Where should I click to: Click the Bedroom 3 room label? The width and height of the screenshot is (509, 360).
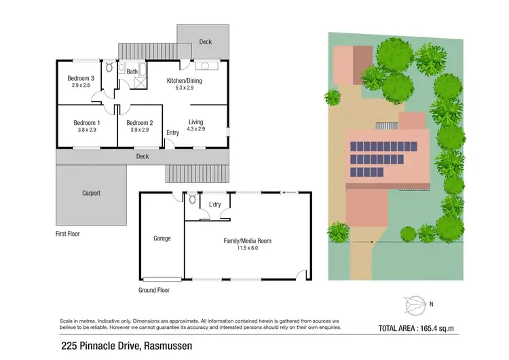coord(79,78)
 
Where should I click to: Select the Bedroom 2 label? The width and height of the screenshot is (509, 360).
coord(140,122)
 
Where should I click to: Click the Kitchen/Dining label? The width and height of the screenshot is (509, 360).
coord(185,81)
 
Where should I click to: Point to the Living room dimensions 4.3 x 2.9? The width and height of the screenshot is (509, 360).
coord(195,129)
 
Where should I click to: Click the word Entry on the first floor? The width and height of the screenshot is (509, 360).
coord(173,132)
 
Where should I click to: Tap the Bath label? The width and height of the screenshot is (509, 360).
coord(132,71)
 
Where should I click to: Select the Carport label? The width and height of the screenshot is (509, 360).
coord(91,193)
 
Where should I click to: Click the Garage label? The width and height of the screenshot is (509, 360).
coord(162,238)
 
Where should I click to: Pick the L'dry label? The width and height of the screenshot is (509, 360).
coord(215,204)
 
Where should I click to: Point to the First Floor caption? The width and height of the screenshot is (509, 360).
coord(71,233)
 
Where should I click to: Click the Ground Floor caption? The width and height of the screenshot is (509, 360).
coord(153,290)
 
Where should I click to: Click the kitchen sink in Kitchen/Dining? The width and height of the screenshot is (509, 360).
coord(205,67)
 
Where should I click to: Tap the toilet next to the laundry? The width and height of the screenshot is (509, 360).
coord(193,200)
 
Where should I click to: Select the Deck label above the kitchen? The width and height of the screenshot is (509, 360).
coord(205,42)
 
